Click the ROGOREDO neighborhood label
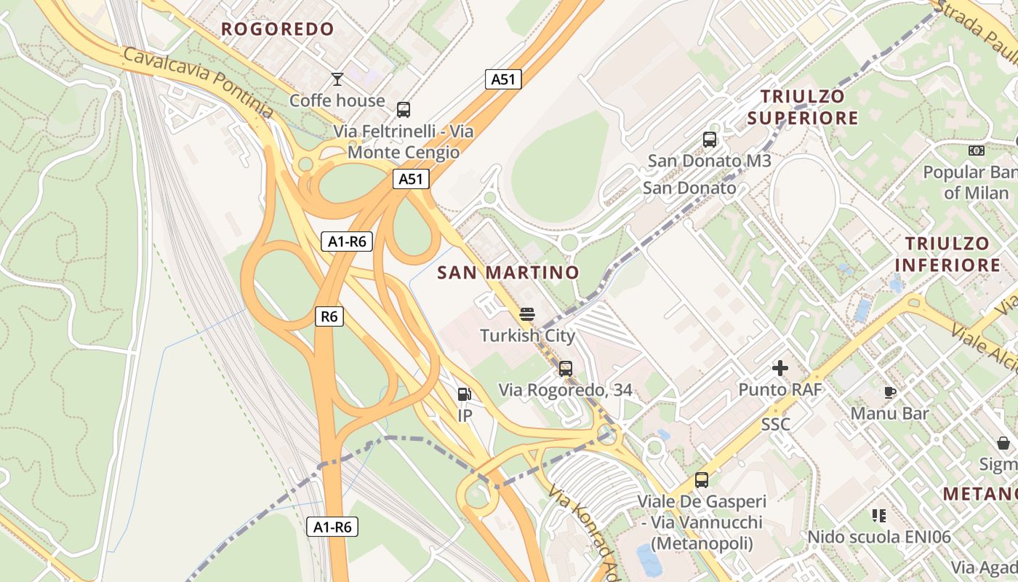point(277,29)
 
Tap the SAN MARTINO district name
point(508,273)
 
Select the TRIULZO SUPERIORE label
point(803,107)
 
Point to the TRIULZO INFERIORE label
point(947,254)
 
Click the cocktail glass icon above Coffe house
point(337,79)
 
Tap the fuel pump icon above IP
point(465,394)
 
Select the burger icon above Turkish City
point(527,314)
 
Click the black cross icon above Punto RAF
point(780,368)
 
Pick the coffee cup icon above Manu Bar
point(889,393)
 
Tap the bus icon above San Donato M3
point(710,139)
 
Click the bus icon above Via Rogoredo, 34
point(566,369)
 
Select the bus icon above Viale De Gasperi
point(702,480)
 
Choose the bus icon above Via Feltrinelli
point(404,110)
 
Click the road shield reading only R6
point(329,316)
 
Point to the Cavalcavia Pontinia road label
point(198,84)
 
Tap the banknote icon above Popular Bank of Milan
point(977,151)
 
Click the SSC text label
point(776,424)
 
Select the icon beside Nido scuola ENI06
point(879,516)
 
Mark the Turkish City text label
point(527,336)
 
